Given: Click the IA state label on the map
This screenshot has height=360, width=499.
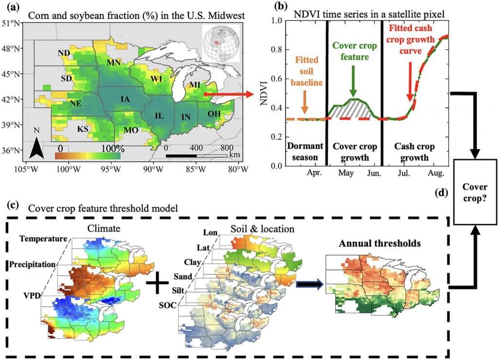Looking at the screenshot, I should click(x=125, y=99).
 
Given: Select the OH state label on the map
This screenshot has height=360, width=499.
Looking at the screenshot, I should click(x=214, y=114).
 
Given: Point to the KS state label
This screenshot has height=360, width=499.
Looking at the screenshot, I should click(x=83, y=129).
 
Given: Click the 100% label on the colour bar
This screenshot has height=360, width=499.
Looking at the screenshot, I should click(x=111, y=148).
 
